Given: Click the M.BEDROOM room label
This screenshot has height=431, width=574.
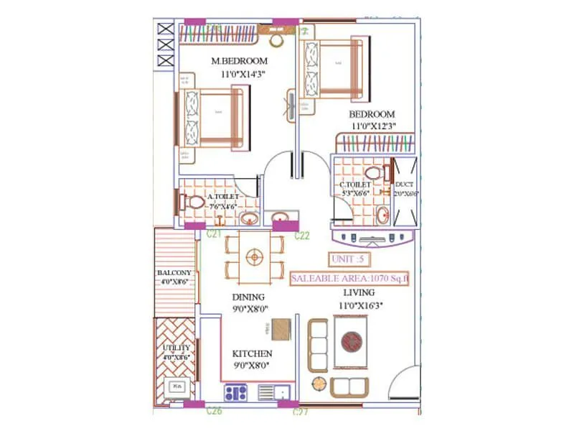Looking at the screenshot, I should point(239,61).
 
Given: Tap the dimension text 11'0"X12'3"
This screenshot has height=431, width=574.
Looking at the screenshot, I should point(373,126).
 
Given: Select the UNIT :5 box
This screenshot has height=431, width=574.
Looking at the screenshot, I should point(349,259).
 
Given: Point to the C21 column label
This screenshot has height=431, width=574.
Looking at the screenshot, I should point(213,234).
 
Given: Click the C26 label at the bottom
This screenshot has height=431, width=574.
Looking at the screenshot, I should point(214,412).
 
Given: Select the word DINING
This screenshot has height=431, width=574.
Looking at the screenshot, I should point(248,297).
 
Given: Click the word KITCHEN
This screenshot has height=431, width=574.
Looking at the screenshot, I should point(252,353).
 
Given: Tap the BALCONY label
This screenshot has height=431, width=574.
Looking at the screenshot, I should point(174,273).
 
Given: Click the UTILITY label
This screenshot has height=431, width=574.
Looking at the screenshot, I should point(176,348).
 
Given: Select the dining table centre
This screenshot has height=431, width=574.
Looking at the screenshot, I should point(253,256).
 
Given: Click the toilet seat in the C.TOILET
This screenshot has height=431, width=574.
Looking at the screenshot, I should point(372,173).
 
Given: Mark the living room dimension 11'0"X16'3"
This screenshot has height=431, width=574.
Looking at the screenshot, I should point(362,305).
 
